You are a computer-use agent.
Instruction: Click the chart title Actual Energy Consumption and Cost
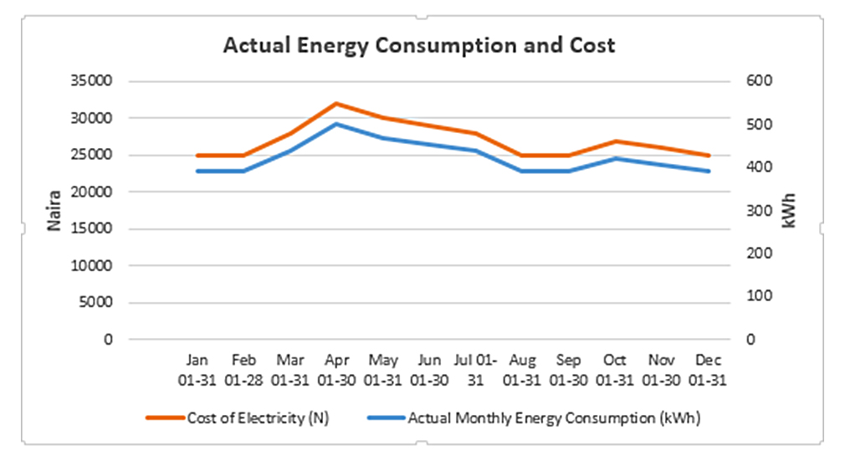(x=418, y=45)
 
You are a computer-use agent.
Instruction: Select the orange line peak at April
(x=336, y=104)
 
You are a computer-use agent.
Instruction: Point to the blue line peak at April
(x=336, y=124)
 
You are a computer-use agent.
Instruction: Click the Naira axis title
(x=54, y=211)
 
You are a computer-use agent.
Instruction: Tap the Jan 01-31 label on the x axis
(x=197, y=370)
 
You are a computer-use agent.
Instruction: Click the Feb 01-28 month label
(x=243, y=370)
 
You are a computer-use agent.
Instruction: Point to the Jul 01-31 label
(x=475, y=370)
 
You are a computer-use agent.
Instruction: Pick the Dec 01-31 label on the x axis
(x=708, y=370)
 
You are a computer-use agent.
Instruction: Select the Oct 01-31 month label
(x=615, y=370)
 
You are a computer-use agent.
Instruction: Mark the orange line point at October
(x=615, y=141)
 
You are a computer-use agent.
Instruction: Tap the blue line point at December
(x=708, y=171)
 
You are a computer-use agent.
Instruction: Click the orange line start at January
(x=197, y=156)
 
